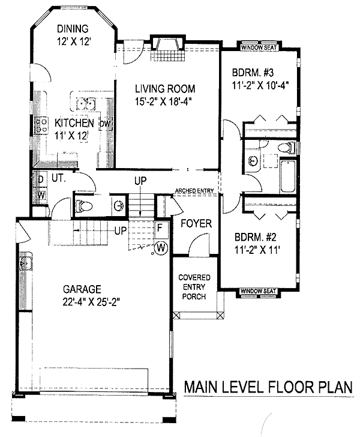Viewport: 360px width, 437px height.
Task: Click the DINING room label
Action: pos(73,29)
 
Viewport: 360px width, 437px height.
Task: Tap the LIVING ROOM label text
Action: pos(165,89)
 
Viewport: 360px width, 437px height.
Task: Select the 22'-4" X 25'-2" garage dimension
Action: pos(91,302)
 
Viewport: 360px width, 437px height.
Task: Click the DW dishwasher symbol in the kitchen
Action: pos(106,124)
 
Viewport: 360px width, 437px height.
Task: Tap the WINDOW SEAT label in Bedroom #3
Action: pos(259,47)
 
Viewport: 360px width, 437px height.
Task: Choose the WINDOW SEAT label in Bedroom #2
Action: pos(258,291)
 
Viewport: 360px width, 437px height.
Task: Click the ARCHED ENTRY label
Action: pos(194,191)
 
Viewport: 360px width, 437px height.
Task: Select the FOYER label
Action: pos(196,223)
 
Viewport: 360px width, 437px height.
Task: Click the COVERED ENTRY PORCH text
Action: pos(194,287)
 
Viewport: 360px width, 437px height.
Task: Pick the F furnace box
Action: pos(161,230)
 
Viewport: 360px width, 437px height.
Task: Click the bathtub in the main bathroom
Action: pos(288,176)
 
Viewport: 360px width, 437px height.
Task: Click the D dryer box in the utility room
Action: pos(41,179)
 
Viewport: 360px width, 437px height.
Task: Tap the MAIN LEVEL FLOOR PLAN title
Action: pos(268,387)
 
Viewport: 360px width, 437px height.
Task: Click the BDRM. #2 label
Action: pos(255,238)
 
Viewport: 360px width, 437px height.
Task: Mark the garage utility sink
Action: pos(26,262)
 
